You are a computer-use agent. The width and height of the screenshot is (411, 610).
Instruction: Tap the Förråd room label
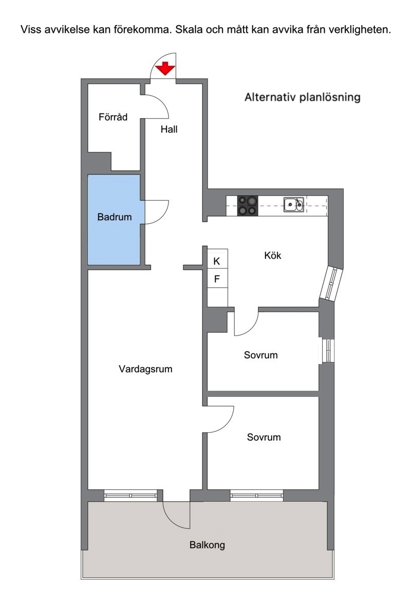tap(113, 117)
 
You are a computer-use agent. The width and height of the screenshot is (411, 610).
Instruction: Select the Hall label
tap(169, 129)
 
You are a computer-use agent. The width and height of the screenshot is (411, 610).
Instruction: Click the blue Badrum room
tap(114, 220)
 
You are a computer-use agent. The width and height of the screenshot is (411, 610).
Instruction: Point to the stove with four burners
tap(248, 205)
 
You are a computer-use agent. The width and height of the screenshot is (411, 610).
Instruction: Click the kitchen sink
tap(293, 205)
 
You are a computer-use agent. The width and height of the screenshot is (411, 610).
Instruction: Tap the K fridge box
tap(217, 261)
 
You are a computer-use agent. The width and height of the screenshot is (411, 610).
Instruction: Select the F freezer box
tap(217, 278)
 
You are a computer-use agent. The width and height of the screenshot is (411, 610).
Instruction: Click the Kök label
tap(272, 255)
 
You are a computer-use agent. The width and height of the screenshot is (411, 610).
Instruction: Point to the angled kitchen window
tap(331, 283)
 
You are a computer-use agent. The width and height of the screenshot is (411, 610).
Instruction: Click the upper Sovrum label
tap(261, 355)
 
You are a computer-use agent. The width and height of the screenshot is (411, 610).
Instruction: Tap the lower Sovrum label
tap(264, 437)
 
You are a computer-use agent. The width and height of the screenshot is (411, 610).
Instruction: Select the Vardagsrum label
tap(145, 369)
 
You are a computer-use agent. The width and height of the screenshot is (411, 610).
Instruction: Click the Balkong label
tap(207, 545)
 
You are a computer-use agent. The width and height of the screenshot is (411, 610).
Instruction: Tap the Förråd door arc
tap(163, 102)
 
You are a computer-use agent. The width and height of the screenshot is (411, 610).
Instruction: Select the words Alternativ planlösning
tap(303, 97)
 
